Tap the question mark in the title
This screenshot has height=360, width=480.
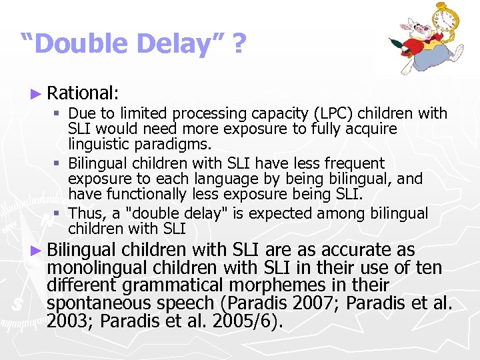coord(238,45)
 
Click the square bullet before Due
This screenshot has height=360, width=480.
coord(59,114)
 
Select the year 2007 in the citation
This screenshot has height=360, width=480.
coord(323,303)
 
